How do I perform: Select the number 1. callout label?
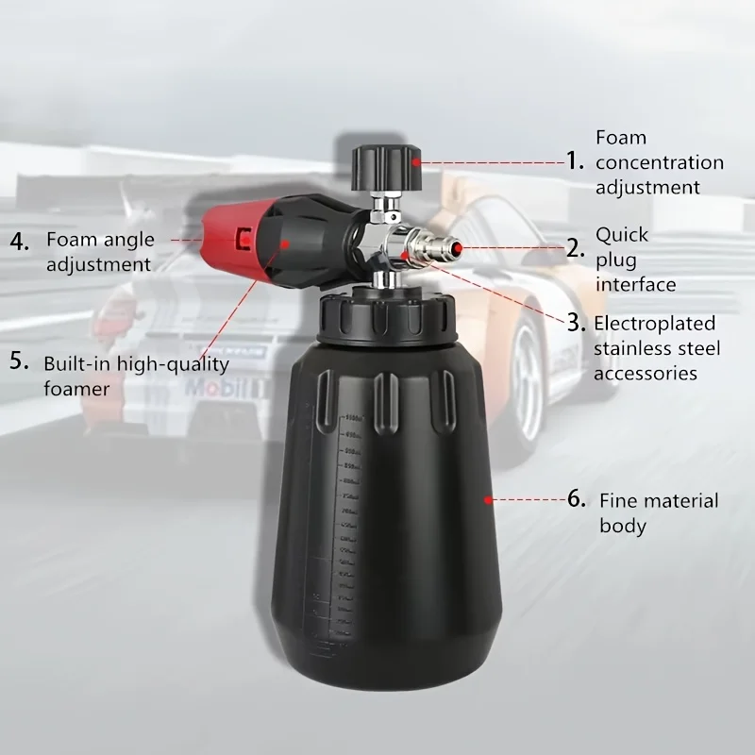click(576, 160)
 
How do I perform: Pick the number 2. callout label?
click(576, 249)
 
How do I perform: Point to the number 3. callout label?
click(576, 322)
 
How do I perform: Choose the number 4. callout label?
click(20, 241)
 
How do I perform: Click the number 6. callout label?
click(577, 499)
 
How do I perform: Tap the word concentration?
click(660, 162)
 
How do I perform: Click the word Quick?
click(622, 235)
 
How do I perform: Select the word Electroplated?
click(654, 324)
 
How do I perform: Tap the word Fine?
click(620, 500)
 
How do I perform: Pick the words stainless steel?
click(657, 348)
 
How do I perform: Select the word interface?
click(635, 284)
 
